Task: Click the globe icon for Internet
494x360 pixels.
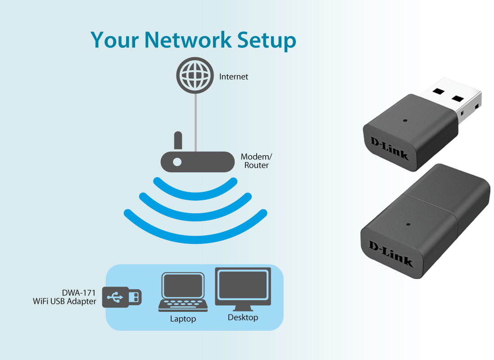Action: pos(195,76)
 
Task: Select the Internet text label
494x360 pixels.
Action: pos(233,77)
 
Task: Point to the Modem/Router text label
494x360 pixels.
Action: pos(256,161)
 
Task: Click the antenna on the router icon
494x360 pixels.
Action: pos(178,140)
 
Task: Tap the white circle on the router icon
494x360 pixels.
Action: pos(177,162)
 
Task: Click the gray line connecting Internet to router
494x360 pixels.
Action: pos(195,121)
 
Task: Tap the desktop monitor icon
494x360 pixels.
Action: pos(243,288)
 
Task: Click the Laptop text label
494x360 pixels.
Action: pos(183,319)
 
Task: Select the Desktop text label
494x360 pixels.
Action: pos(243,318)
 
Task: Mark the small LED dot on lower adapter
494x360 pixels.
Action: pos(408,224)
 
